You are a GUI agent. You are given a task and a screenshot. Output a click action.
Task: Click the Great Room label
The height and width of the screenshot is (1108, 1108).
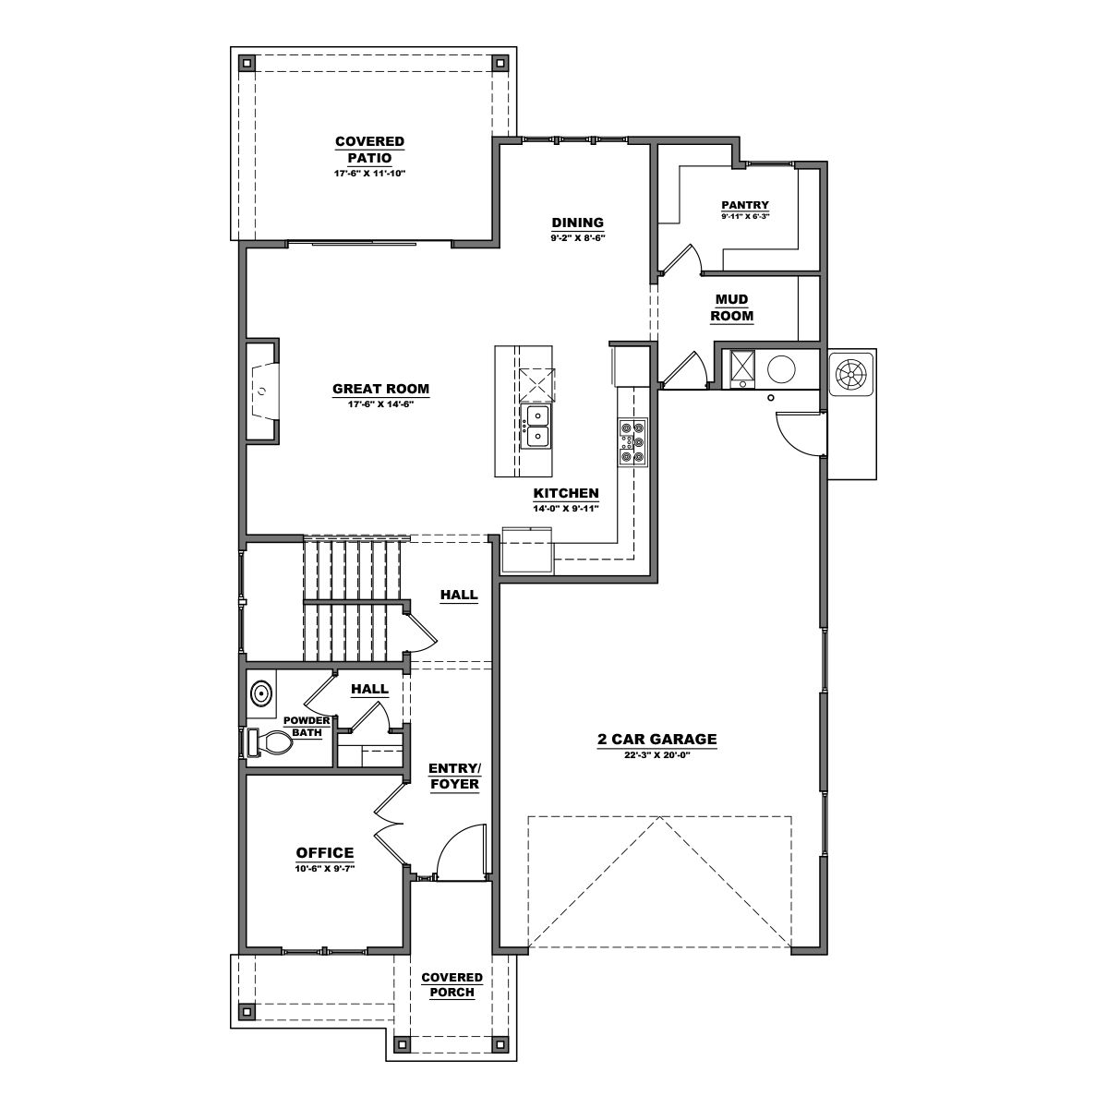[380, 389]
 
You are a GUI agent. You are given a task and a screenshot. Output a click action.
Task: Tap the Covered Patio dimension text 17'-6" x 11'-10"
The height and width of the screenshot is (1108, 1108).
[369, 174]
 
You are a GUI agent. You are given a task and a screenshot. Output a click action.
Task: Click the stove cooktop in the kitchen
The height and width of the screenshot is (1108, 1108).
[632, 441]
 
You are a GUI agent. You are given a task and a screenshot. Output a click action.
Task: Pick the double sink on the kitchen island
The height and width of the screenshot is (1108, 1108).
[536, 426]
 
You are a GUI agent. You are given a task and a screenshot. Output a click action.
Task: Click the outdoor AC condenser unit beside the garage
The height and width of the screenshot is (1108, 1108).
[851, 374]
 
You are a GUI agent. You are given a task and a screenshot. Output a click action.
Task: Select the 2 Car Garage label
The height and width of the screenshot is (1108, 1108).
[656, 739]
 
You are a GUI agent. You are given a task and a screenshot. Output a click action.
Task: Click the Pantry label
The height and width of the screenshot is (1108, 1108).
[745, 205]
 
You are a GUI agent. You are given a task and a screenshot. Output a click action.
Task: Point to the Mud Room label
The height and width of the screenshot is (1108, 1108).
[731, 307]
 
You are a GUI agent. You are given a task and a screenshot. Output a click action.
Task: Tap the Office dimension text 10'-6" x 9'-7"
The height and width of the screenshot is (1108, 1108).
[324, 868]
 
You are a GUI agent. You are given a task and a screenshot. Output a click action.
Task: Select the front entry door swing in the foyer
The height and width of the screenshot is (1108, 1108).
[460, 852]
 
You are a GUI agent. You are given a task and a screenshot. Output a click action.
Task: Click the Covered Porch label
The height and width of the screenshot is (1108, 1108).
[452, 984]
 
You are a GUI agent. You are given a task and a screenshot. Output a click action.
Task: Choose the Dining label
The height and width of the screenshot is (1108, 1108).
[577, 223]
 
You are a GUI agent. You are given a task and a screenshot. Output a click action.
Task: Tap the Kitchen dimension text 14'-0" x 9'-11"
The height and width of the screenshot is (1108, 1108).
[566, 509]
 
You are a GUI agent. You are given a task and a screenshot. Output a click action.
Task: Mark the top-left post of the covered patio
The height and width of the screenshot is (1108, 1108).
[247, 64]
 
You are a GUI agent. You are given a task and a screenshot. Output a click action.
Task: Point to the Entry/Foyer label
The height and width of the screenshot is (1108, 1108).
[453, 776]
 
